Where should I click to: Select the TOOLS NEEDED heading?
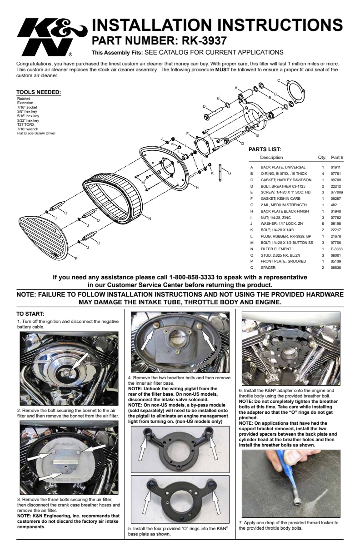pyautogui.click(x=38, y=92)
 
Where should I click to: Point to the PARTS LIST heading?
pyautogui.click(x=265, y=149)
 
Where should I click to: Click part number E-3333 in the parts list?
pyautogui.click(x=336, y=249)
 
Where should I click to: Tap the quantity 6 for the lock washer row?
pyautogui.click(x=323, y=223)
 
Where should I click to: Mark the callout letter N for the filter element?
pyautogui.click(x=150, y=218)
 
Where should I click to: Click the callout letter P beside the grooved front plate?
pyautogui.click(x=76, y=258)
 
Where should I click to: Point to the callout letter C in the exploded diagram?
pyautogui.click(x=279, y=80)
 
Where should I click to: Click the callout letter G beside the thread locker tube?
pyautogui.click(x=230, y=173)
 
